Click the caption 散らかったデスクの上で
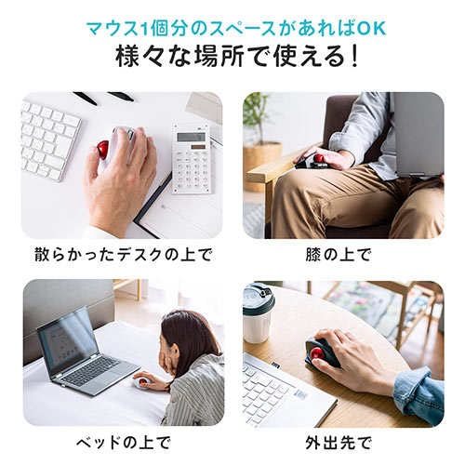(123, 255)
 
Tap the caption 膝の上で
(338, 255)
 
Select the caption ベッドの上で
(124, 443)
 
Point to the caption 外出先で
(339, 443)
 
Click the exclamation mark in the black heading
(353, 57)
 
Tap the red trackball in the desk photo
(103, 150)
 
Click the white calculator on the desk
(193, 159)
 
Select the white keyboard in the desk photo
(49, 139)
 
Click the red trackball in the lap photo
(319, 158)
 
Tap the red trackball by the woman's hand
(143, 381)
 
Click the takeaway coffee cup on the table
(258, 312)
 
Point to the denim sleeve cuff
(417, 395)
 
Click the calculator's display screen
(191, 137)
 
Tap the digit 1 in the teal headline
(143, 29)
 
